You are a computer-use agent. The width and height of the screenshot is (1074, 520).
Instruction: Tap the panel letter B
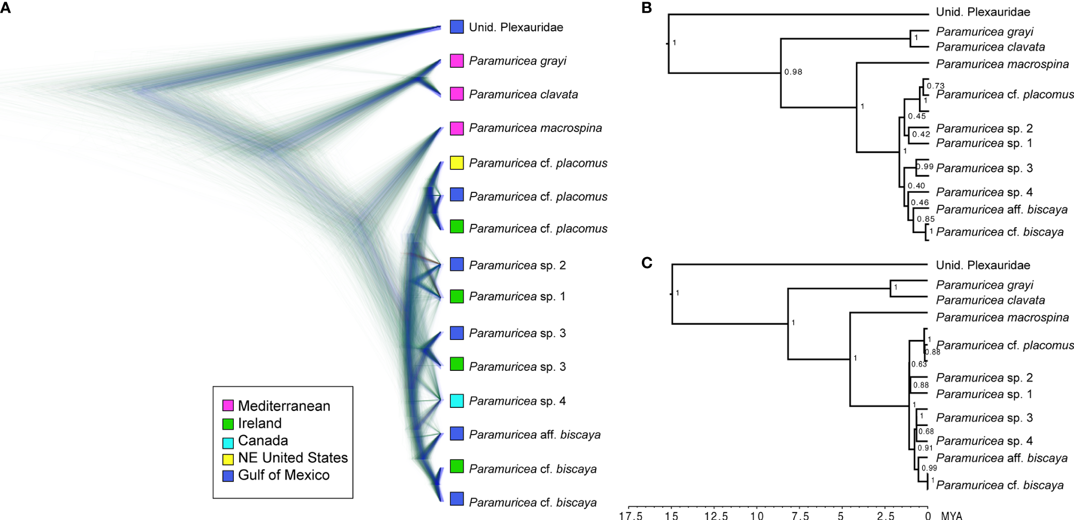[x=647, y=7]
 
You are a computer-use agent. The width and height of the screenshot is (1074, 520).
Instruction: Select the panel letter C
[x=647, y=262]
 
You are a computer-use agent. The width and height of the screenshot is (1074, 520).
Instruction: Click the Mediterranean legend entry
[x=283, y=406]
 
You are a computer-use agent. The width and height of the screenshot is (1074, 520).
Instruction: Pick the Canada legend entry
[x=263, y=441]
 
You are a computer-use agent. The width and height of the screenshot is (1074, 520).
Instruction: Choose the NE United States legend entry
[x=293, y=458]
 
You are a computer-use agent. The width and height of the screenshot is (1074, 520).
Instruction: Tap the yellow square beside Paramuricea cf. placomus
[x=456, y=163]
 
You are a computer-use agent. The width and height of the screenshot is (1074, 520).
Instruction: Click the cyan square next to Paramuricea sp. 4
[x=456, y=401]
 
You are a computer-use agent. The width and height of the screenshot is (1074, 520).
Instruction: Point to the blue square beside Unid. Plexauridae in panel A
[x=456, y=27]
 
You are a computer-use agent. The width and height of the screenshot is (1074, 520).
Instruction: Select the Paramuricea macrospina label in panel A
[x=535, y=128]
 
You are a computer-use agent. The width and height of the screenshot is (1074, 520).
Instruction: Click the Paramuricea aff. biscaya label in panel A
[x=534, y=435]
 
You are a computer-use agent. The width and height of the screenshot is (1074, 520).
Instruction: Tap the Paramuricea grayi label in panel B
[x=984, y=32]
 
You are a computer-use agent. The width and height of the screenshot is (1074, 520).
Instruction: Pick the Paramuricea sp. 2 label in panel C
[x=984, y=378]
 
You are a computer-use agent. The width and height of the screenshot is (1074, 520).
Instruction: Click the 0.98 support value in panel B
[x=793, y=72]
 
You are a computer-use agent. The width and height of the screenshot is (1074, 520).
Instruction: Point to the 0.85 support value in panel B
[x=926, y=219]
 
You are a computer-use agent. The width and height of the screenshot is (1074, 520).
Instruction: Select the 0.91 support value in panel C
[x=925, y=448]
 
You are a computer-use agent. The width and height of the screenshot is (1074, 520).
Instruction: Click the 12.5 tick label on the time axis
[x=716, y=516]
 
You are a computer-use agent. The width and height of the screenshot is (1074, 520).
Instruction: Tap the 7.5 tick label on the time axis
[x=800, y=516]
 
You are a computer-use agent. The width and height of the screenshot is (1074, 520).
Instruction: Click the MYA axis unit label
[x=952, y=516]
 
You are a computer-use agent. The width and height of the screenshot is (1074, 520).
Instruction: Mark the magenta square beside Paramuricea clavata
[x=456, y=94]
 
